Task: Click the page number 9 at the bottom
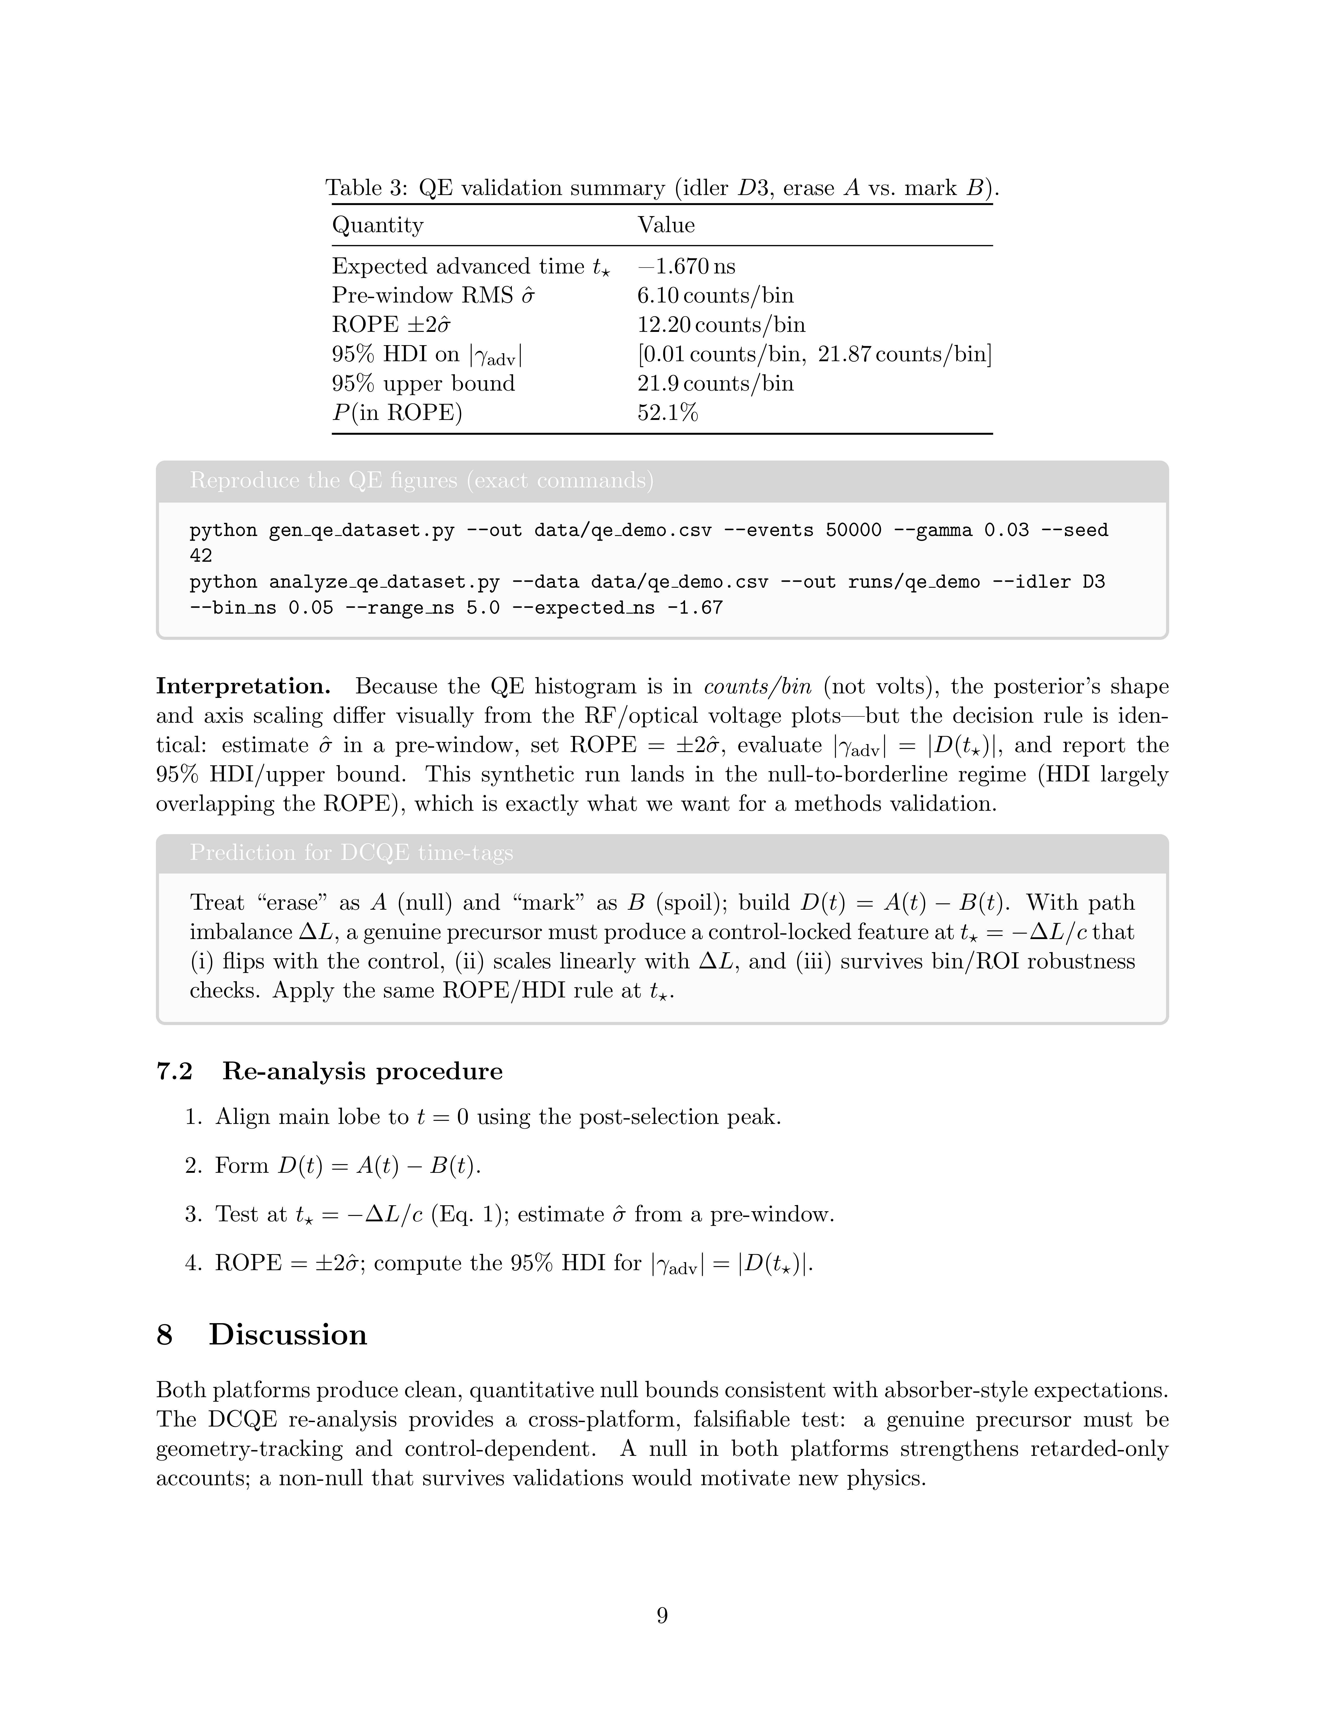point(662,1615)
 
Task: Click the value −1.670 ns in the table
point(687,267)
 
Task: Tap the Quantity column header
point(377,225)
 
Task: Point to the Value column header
point(666,225)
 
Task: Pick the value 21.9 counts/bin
point(715,384)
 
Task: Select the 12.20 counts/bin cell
point(721,325)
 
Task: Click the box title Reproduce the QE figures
point(421,480)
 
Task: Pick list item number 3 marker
point(193,1215)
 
